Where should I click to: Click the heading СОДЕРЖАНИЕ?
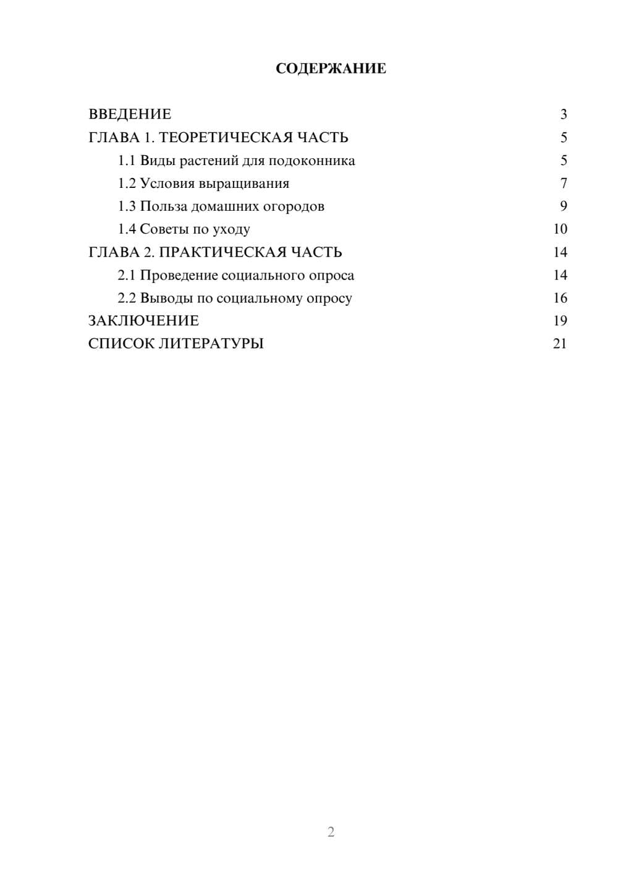coord(331,69)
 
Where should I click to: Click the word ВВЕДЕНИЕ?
coord(130,114)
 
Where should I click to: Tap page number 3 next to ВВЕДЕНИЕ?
coord(563,114)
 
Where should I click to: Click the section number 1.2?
coord(127,184)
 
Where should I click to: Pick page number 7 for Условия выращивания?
coord(563,184)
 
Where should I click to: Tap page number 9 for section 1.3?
coord(563,206)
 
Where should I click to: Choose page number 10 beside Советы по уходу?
coord(560,229)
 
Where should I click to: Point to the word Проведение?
coord(179,275)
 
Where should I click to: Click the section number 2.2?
coord(127,298)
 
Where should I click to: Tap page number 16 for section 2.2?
coord(560,298)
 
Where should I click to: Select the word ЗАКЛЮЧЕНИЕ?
coord(143,321)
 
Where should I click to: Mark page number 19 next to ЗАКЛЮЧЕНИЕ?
coord(560,321)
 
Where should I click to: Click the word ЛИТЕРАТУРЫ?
coord(211,344)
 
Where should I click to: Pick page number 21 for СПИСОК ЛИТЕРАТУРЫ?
coord(560,344)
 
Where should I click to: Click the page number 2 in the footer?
coord(331,832)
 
